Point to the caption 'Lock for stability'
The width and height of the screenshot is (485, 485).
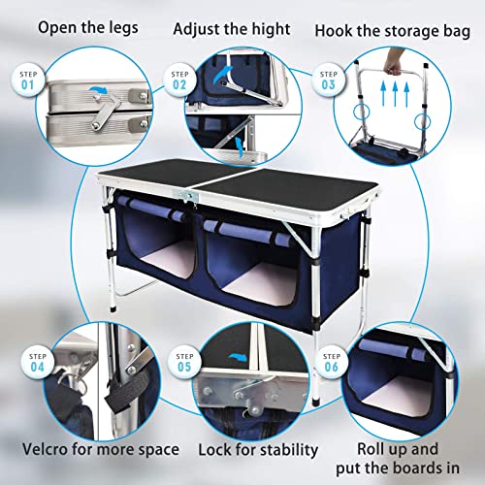[x=258, y=449]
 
